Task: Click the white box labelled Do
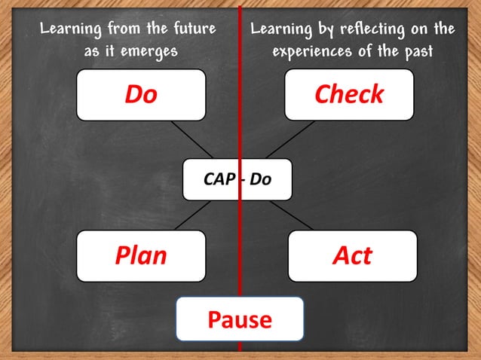(141, 95)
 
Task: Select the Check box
(348, 95)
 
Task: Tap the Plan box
(141, 256)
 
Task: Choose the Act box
(352, 256)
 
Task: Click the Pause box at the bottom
(240, 319)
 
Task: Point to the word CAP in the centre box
(219, 180)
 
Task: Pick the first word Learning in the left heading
(72, 29)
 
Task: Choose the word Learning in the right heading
(281, 29)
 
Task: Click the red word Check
(348, 95)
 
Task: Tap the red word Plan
(141, 256)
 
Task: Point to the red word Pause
(240, 319)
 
